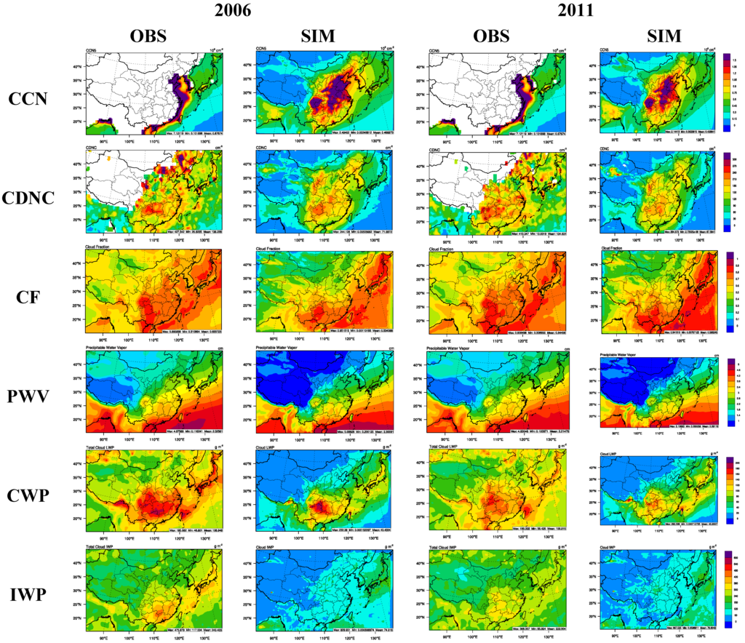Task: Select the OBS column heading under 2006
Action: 149,36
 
